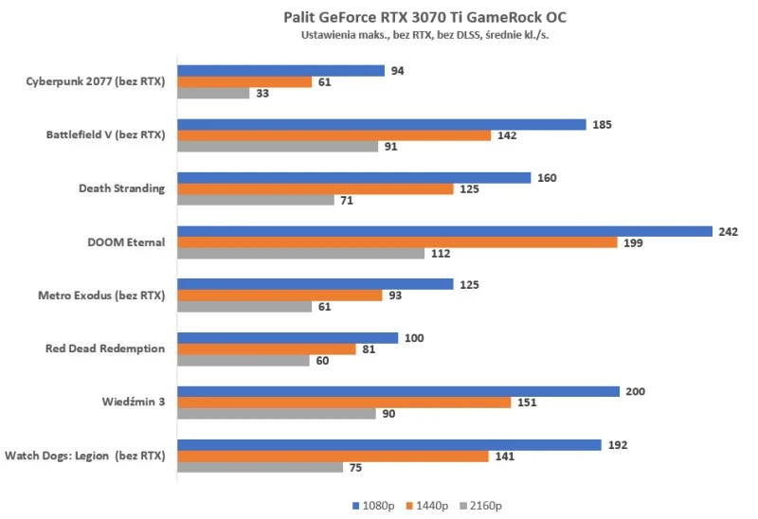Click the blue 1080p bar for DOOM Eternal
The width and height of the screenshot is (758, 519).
pyautogui.click(x=444, y=231)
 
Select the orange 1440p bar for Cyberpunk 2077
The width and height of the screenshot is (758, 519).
pyautogui.click(x=244, y=82)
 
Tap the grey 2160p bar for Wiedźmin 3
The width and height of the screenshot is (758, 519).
pyautogui.click(x=277, y=413)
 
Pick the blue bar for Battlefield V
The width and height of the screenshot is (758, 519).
pyautogui.click(x=382, y=124)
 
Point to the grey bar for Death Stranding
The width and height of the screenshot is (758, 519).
pyautogui.click(x=256, y=200)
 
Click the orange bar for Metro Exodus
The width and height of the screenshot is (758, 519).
pyautogui.click(x=280, y=295)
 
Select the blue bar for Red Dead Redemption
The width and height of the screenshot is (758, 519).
pyautogui.click(x=287, y=338)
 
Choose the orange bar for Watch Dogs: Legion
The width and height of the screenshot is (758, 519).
pyautogui.click(x=333, y=456)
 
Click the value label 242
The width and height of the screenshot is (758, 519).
pyautogui.click(x=728, y=231)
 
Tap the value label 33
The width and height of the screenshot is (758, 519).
pyautogui.click(x=263, y=94)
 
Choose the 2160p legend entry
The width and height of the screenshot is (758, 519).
pyautogui.click(x=482, y=505)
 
